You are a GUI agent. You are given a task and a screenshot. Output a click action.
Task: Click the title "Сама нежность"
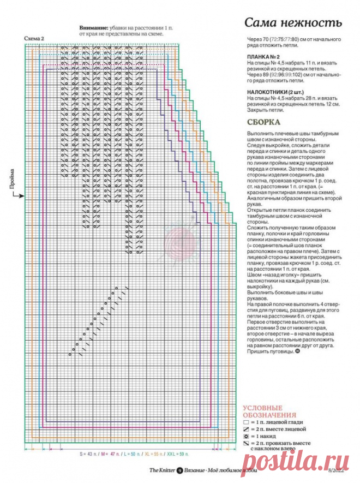[x=292, y=23]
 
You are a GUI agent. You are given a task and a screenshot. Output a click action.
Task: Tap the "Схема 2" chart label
[x=34, y=38]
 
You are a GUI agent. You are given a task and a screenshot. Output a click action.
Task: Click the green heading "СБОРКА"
[x=263, y=123]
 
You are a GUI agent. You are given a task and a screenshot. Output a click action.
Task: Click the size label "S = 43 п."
[x=87, y=454]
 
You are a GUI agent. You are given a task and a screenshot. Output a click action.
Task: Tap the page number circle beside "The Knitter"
[x=179, y=470]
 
